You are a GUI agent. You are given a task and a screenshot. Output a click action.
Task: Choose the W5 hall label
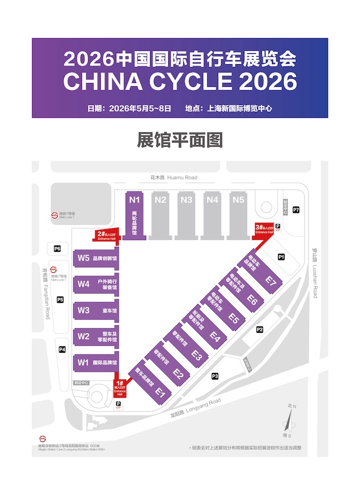(x=84, y=258)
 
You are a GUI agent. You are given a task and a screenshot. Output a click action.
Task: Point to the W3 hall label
(x=84, y=310)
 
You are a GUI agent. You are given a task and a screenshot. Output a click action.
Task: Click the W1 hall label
(x=84, y=363)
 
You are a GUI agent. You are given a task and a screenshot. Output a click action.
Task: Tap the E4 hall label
(x=215, y=336)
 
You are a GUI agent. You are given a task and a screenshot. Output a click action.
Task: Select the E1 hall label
(x=160, y=392)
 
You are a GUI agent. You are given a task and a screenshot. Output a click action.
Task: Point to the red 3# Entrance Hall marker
(x=264, y=229)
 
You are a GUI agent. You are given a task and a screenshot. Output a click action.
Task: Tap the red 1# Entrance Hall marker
(x=120, y=388)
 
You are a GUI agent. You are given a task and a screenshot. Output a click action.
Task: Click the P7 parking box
(x=296, y=210)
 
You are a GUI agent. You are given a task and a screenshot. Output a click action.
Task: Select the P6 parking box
(x=58, y=248)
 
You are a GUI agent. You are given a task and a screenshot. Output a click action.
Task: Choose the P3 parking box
(x=215, y=376)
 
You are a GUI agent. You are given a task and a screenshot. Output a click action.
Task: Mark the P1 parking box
(x=281, y=257)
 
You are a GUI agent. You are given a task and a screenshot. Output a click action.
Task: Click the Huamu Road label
(x=173, y=178)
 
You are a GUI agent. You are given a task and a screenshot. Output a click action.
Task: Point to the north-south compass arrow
(x=289, y=422)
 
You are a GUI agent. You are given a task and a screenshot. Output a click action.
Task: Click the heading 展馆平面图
(x=180, y=140)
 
